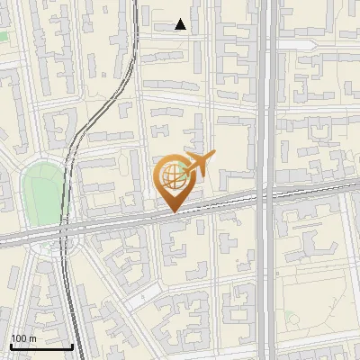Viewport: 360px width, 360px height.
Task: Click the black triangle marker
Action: [x=181, y=24]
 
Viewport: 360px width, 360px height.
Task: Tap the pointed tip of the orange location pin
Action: [x=171, y=211]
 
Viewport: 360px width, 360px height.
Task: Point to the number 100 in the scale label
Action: [x=19, y=338]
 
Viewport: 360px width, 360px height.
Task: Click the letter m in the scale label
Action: [x=32, y=338]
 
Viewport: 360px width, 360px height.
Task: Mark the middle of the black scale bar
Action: [x=41, y=346]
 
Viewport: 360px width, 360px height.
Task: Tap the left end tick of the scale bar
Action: [x=11, y=345]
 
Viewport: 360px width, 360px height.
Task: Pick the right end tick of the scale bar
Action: [x=72, y=345]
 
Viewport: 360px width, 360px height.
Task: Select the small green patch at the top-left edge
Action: [x=3, y=37]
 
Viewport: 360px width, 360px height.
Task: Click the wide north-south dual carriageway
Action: [x=266, y=108]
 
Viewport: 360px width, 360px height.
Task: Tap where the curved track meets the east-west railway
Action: [x=64, y=229]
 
